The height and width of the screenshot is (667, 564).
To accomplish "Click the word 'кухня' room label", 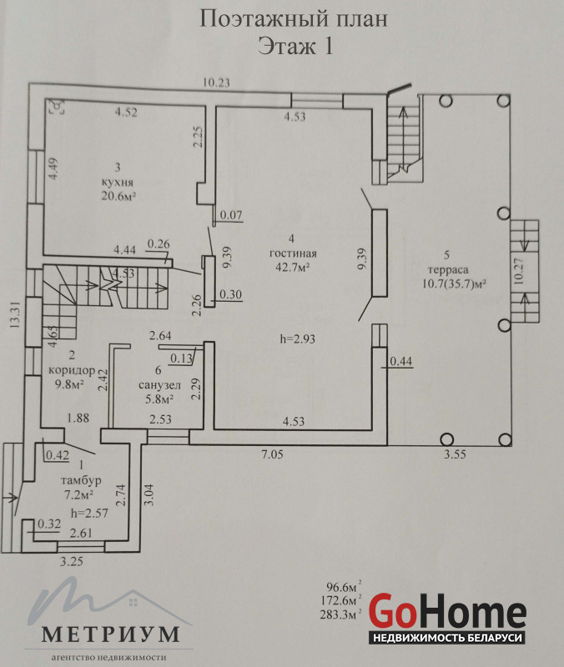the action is pyautogui.click(x=118, y=183).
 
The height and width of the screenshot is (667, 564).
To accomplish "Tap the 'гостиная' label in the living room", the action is pyautogui.click(x=293, y=253).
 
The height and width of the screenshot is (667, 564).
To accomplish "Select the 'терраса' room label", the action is pyautogui.click(x=448, y=269).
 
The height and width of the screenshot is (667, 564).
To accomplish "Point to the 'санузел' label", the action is pyautogui.click(x=159, y=385).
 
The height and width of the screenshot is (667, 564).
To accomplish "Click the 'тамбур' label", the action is pyautogui.click(x=81, y=481).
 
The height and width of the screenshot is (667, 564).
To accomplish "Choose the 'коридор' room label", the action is pyautogui.click(x=72, y=369).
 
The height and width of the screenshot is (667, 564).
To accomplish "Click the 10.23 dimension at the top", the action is pyautogui.click(x=216, y=82).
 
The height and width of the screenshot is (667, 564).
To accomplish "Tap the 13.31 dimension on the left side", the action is pyautogui.click(x=15, y=314).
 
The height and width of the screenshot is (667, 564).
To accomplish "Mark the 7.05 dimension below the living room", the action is pyautogui.click(x=272, y=454).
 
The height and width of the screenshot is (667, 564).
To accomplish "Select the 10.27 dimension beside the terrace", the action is pyautogui.click(x=518, y=272).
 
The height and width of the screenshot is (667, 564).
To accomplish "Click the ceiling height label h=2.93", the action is pyautogui.click(x=298, y=339).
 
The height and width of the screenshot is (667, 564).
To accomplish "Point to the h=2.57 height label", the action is pyautogui.click(x=90, y=513).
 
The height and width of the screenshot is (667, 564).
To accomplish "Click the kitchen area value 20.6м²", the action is pyautogui.click(x=118, y=196).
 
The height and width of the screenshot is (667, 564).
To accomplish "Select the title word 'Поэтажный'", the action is pyautogui.click(x=264, y=19).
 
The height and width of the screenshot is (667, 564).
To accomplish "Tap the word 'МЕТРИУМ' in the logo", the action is pyautogui.click(x=110, y=634).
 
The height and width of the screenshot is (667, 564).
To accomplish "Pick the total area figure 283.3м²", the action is pyautogui.click(x=340, y=614).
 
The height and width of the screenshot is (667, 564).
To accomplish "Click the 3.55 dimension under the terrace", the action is pyautogui.click(x=455, y=454).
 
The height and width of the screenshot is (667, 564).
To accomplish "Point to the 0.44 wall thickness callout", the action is pyautogui.click(x=401, y=361).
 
